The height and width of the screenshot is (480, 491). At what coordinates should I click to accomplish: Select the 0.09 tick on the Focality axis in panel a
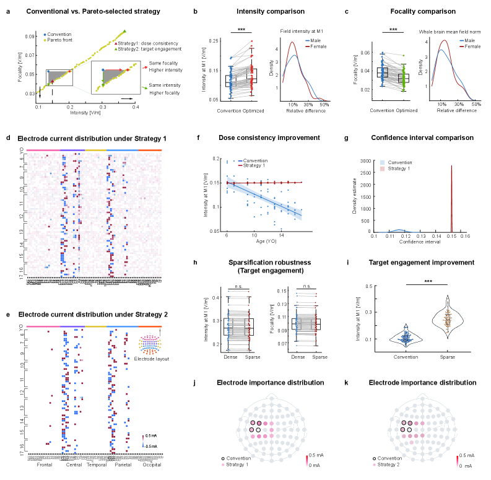click(30, 37)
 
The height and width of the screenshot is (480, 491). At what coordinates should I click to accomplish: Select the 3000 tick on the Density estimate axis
click(365, 160)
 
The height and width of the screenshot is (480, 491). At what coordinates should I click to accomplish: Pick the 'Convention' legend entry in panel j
click(239, 458)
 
